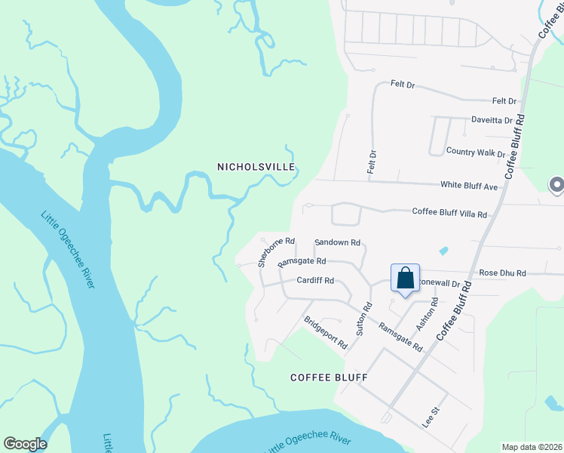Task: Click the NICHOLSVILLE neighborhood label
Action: (255, 166)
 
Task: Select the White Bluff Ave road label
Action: (469, 186)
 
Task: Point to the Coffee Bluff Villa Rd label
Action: (449, 213)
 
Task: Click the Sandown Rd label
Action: (338, 242)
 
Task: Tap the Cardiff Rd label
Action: (315, 279)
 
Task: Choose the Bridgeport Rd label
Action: (325, 332)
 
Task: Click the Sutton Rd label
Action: (364, 319)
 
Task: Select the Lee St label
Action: (431, 418)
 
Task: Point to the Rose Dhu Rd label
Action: (502, 273)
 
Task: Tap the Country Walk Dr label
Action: (475, 152)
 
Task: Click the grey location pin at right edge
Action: (556, 185)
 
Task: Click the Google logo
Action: (25, 444)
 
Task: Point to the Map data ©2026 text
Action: (532, 447)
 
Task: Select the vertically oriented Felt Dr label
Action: (372, 162)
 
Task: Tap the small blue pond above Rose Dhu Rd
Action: (443, 250)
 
